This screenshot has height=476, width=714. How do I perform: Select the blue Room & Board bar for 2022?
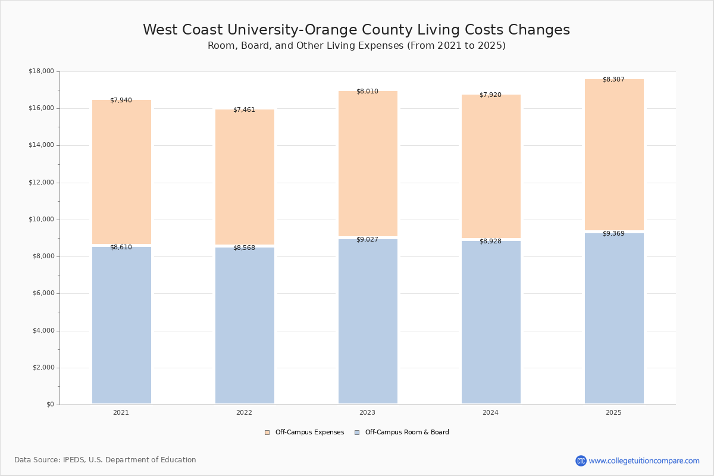245,325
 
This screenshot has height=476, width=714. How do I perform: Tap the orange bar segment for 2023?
368,164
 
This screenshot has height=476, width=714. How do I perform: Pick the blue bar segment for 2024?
491,322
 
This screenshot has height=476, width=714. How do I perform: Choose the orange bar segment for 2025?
614,155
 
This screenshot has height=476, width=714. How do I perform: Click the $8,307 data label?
613,80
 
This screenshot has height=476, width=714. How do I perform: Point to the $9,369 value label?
613,234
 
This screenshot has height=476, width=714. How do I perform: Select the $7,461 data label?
244,110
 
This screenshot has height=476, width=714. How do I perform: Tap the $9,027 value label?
367,240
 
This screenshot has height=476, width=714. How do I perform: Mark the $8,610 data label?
121,248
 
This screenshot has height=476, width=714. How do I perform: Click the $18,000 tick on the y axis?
41,71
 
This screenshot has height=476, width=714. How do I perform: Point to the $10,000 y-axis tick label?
41,220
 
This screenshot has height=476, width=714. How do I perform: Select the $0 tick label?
50,405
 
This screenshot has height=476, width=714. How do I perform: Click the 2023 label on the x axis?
367,413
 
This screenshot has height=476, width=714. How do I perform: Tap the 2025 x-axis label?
613,413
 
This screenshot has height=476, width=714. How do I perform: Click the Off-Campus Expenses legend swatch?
267,433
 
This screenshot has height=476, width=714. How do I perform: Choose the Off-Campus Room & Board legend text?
407,433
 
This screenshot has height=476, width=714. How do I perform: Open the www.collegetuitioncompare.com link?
644,461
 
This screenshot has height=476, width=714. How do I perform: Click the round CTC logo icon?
581,461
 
